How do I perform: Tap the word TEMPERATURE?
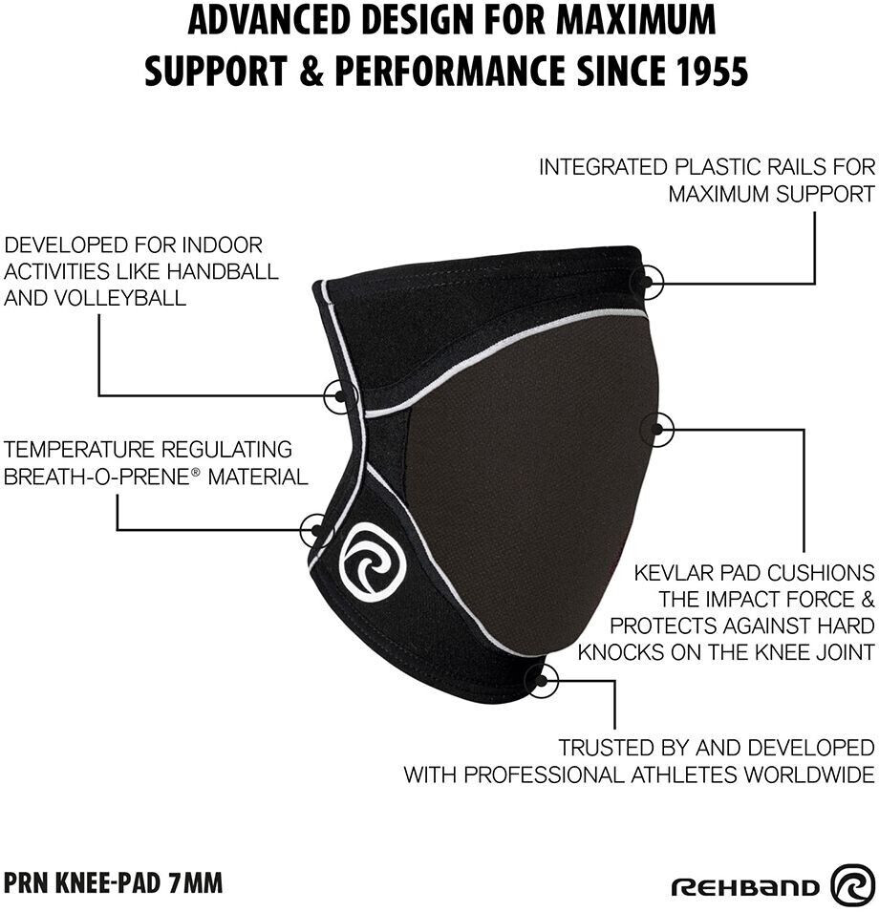point(79,450)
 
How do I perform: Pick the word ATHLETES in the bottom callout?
point(701,774)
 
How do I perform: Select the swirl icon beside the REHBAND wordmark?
point(852,884)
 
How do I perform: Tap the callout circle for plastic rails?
point(649,282)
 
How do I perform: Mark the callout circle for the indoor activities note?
point(339,394)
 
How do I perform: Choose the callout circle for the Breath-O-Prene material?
point(316,529)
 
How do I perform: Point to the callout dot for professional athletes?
point(542,679)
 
